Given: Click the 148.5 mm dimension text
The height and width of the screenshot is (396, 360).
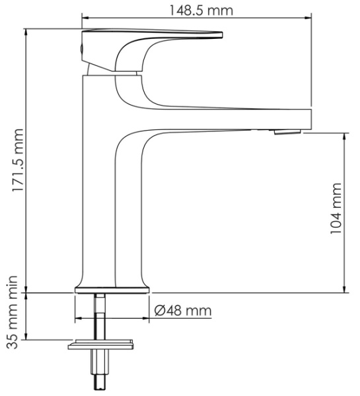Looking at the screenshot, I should (196, 9).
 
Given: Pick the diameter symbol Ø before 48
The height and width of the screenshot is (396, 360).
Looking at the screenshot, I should (160, 310).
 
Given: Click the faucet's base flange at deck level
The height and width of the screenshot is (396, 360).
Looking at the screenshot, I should (113, 288).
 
